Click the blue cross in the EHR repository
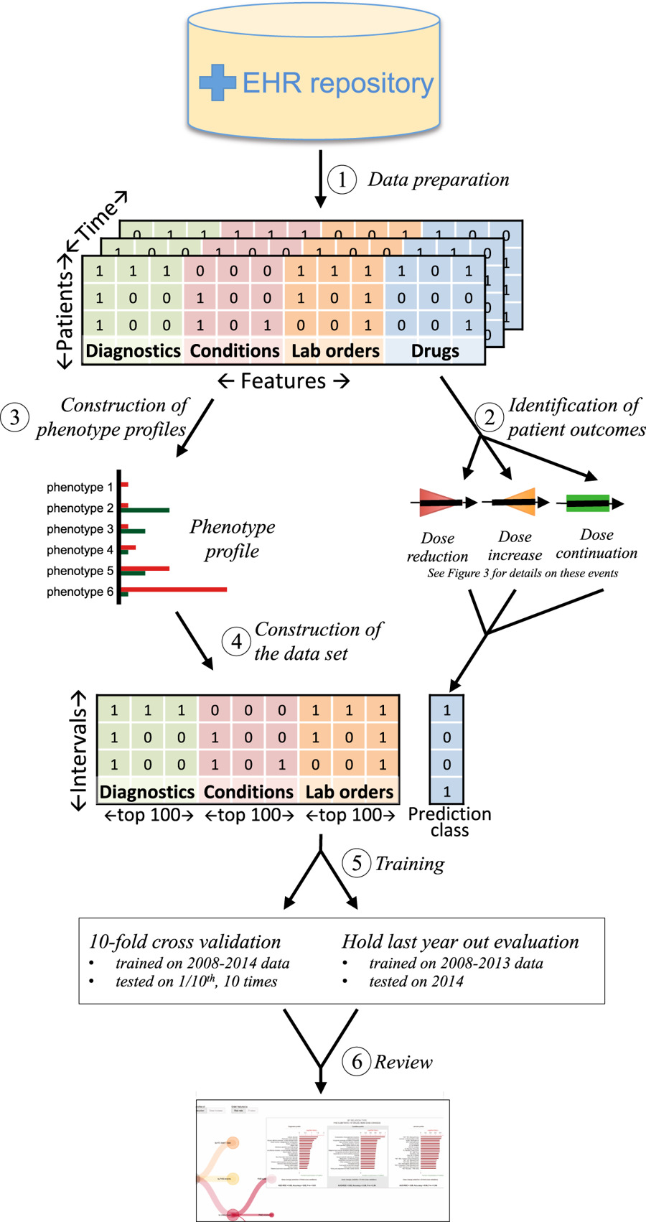pos(217,83)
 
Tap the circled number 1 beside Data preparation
pos(342,179)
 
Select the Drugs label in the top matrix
pos(435,351)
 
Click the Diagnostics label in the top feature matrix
pos(133,351)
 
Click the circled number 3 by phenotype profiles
pos(15,417)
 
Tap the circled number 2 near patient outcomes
pos(490,417)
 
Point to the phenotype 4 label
pos(80,550)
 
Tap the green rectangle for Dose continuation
pos(588,503)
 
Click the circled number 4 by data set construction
pos(236,641)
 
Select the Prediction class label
pos(449,822)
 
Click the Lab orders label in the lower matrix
pos(350,792)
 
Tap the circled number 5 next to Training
pos(357,863)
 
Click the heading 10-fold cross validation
pos(184,942)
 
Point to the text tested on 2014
pos(416,981)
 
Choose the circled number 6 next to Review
pos(357,1061)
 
